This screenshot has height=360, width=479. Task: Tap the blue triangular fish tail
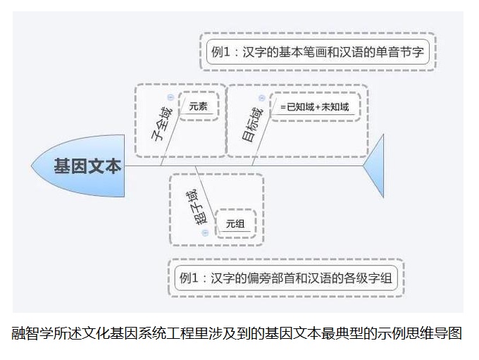[375, 166]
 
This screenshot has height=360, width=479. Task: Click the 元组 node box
[235, 224]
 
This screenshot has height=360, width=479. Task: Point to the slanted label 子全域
[161, 125]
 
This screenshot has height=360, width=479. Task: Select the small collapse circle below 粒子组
[205, 232]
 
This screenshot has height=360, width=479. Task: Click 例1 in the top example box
[221, 51]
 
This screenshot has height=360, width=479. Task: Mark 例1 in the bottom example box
[190, 278]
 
